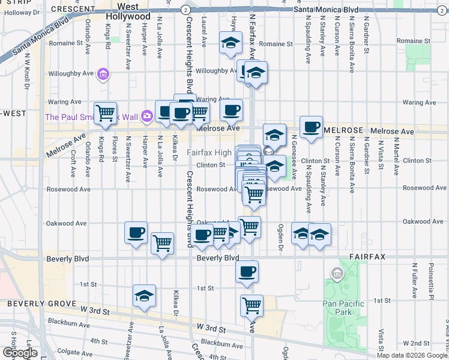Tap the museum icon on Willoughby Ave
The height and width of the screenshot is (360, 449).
tap(103, 74)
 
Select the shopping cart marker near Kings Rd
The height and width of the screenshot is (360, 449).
tap(105, 113)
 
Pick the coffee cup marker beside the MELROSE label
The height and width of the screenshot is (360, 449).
tap(311, 127)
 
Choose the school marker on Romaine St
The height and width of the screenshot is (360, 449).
tap(231, 43)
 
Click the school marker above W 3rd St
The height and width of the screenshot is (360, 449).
tap(144, 296)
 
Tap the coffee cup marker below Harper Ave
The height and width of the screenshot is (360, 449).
tap(136, 233)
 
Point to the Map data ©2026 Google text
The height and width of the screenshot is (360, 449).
tap(411, 355)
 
